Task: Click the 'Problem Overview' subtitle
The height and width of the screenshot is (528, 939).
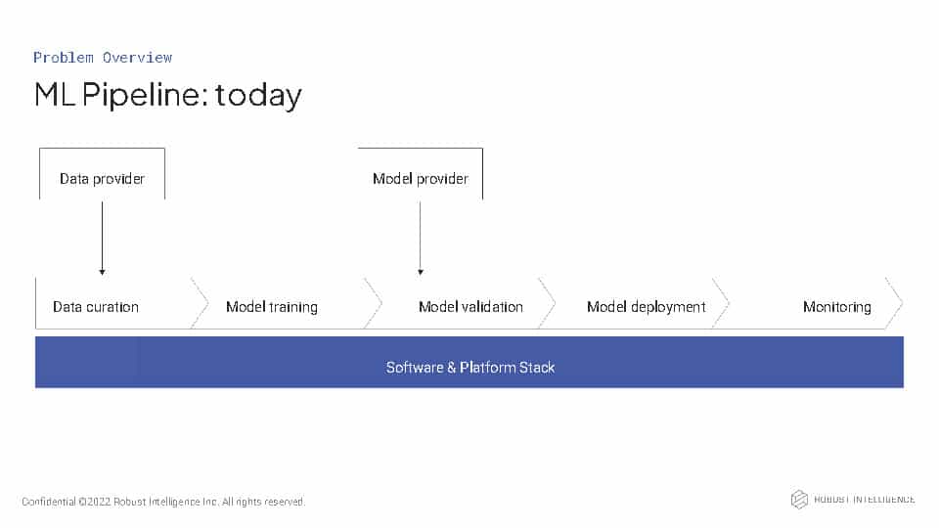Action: pos(103,58)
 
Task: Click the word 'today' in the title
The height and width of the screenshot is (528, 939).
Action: pos(258,96)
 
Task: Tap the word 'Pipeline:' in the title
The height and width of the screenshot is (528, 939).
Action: pos(145,95)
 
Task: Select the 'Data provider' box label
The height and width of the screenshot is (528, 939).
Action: pos(102,178)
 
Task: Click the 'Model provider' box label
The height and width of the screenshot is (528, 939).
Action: pos(421,178)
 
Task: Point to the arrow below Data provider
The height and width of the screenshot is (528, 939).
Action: pos(103,239)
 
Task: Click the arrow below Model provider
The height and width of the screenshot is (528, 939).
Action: pos(421,239)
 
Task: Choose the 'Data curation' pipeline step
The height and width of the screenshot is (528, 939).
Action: pos(96,307)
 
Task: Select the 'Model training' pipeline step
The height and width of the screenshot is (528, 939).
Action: pos(272,307)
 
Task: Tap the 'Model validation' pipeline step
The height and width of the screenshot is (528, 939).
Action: pos(470,307)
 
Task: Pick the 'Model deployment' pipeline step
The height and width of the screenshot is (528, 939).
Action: pos(647,307)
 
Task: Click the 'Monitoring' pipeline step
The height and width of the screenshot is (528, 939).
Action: pos(836,307)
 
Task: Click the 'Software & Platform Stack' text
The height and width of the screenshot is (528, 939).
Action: pos(470,368)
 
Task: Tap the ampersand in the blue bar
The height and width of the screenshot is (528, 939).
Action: pos(452,368)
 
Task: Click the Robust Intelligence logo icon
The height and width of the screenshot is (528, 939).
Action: pos(799,500)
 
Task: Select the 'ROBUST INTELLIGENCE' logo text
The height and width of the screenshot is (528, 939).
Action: pos(864,500)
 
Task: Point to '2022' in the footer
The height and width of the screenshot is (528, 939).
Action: pos(99,502)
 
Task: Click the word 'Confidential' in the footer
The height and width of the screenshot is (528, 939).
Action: pos(49,502)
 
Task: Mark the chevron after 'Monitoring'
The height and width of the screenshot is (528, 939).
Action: pos(894,303)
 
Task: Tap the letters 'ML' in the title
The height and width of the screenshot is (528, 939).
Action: pos(55,95)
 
